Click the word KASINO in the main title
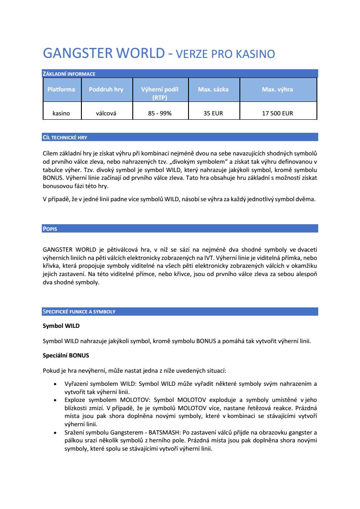point(255,54)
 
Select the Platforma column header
point(61,89)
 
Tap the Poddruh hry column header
point(106,89)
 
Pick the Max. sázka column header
point(213,89)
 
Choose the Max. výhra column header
point(277,89)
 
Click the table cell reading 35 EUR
point(213,113)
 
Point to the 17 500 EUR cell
point(277,113)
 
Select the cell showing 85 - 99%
point(160,113)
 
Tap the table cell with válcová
point(106,113)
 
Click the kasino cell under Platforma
point(61,113)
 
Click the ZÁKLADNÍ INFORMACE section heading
point(69,74)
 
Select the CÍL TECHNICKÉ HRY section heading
point(65,138)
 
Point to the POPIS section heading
point(50,229)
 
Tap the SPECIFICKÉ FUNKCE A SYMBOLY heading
point(79,312)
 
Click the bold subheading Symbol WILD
point(61,326)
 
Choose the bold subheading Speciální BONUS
point(66,356)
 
